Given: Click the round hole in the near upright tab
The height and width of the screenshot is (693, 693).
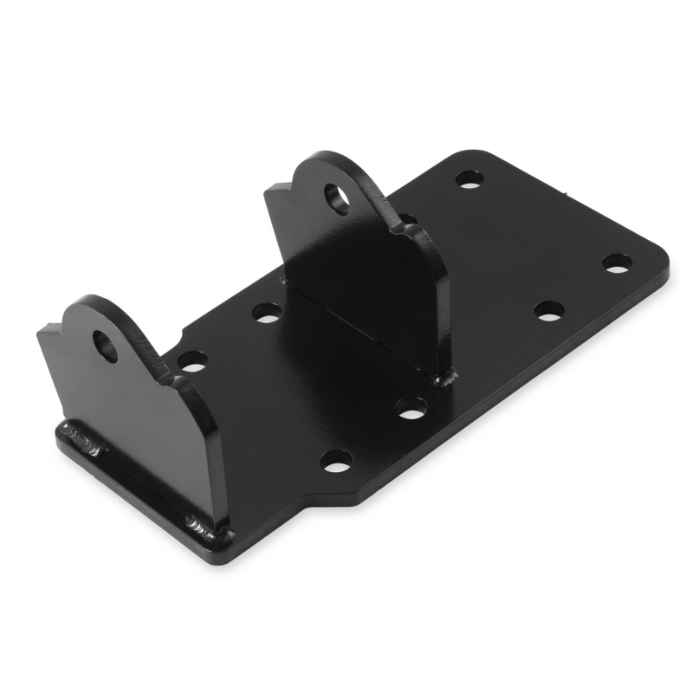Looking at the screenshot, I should [x=107, y=347].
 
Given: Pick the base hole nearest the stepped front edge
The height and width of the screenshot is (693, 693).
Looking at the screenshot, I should [x=335, y=461].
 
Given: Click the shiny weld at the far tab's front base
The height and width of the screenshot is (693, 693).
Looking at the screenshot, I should [x=447, y=378].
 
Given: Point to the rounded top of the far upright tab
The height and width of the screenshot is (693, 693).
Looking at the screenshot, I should [x=329, y=160].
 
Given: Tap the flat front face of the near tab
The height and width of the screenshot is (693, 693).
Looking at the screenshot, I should [x=130, y=407].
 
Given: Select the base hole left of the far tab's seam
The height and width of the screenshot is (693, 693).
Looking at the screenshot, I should [x=268, y=313].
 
